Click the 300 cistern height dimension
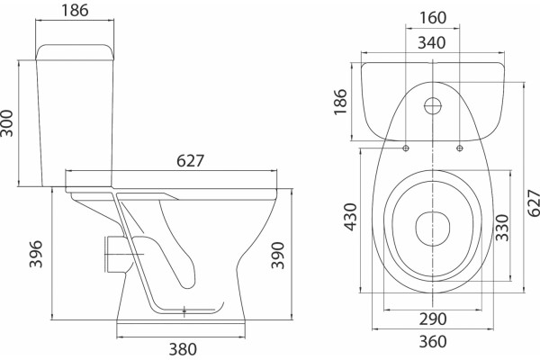click(x=7, y=123)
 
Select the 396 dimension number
click(x=36, y=254)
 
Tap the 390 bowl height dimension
click(x=277, y=256)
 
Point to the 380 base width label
click(x=183, y=349)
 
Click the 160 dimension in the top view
click(x=433, y=18)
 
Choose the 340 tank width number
click(x=432, y=43)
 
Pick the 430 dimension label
click(x=351, y=217)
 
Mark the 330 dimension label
click(x=502, y=228)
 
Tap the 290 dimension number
click(x=433, y=319)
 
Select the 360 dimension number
click(x=433, y=341)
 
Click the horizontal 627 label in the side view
click(x=191, y=161)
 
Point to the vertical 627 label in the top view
click(x=534, y=202)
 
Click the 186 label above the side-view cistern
click(x=75, y=10)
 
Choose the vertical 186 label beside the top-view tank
click(x=340, y=102)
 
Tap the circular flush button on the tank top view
click(x=433, y=106)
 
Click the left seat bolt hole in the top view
click(x=406, y=148)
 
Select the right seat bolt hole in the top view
click(x=459, y=148)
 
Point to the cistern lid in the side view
click(x=75, y=52)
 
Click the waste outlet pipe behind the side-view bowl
click(x=116, y=254)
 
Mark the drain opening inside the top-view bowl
click(x=433, y=229)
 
